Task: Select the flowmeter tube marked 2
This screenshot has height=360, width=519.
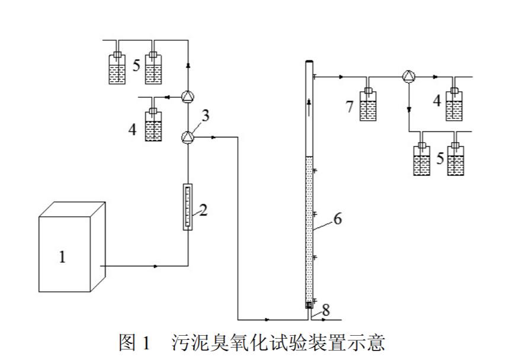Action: pos(188,207)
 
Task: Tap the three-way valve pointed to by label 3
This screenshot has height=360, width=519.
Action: pos(187,137)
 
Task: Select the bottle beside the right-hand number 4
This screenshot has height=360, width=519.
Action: pos(454,105)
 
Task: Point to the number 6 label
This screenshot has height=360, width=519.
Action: pos(337,218)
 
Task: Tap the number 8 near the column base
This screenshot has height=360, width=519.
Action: pos(325,308)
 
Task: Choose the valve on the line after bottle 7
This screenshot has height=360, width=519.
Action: pos(409,77)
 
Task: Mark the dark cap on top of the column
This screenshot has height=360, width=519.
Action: pos(309,62)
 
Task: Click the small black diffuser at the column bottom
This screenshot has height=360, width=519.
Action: pos(309,305)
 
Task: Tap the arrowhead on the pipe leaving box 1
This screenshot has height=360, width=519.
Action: pos(156,266)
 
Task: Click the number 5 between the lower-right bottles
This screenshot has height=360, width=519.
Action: pos(440,159)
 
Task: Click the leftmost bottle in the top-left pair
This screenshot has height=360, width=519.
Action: pos(117,69)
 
